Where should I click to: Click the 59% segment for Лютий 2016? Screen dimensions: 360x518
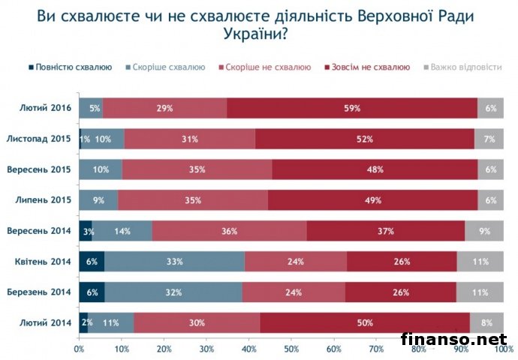[352, 109]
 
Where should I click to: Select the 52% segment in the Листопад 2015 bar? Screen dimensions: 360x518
[365, 139]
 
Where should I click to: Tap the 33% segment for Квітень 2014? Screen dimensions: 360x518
[174, 261]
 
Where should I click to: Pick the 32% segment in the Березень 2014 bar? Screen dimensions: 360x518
[173, 292]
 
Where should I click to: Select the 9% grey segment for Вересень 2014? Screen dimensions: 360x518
[484, 231]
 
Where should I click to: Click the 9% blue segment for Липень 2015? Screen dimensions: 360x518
[98, 200]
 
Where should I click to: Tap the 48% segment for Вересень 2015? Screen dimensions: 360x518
[374, 170]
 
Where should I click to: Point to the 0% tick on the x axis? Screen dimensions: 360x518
[79, 349]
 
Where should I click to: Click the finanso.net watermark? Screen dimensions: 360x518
[454, 340]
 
